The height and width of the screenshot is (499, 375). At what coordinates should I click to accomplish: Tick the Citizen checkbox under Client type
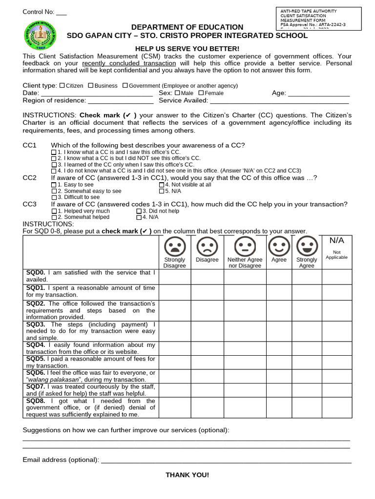(x=62, y=85)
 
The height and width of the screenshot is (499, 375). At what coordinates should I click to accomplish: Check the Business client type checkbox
(x=91, y=85)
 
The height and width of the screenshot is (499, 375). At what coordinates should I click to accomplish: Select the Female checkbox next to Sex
(x=201, y=93)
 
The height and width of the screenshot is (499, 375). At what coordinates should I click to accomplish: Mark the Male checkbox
(x=177, y=93)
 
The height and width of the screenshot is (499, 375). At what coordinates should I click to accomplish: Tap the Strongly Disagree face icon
(x=174, y=246)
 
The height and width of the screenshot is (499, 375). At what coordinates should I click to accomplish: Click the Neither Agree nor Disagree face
(x=245, y=246)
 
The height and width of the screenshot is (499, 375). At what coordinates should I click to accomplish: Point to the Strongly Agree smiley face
(x=307, y=246)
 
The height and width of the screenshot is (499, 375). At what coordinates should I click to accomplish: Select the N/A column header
(x=336, y=241)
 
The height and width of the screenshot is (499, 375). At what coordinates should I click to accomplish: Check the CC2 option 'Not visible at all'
(x=162, y=185)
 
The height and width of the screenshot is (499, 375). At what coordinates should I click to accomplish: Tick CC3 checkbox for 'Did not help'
(x=139, y=211)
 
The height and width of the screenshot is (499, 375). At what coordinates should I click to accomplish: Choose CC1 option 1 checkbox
(x=54, y=153)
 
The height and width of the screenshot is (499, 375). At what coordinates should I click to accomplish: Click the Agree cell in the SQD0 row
(x=279, y=276)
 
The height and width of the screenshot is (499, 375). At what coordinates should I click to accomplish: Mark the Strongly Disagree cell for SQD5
(x=174, y=362)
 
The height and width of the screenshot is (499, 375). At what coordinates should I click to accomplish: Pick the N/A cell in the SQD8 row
(x=336, y=407)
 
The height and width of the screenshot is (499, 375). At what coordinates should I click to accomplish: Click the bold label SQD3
(x=36, y=324)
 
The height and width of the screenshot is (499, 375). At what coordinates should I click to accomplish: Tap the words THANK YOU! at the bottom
(x=187, y=475)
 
